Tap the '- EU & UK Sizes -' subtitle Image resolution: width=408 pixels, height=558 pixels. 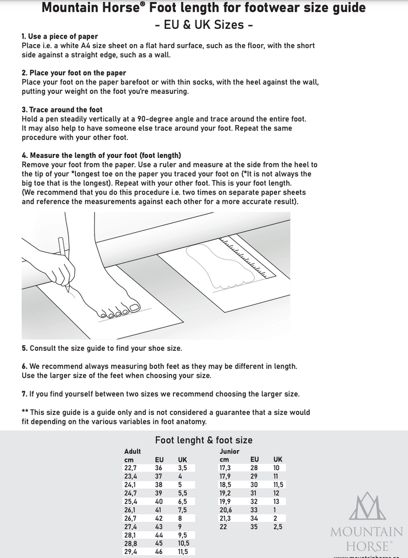204,25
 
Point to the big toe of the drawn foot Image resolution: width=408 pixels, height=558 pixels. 134,307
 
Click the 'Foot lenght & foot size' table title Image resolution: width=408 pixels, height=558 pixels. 204,440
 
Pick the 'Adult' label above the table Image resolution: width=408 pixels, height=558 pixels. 132,452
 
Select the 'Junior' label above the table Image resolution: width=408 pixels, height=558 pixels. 229,452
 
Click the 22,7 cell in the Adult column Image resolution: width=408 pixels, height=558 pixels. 130,468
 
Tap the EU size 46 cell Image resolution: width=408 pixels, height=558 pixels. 159,552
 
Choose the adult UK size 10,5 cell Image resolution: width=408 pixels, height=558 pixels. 184,543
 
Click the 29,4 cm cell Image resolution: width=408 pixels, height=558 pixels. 130,552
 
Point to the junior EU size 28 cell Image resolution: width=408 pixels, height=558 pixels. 254,468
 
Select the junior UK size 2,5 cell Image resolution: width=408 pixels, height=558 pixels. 278,527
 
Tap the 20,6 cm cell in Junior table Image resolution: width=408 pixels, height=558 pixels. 226,510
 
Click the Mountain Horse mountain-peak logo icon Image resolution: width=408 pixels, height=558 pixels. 367,507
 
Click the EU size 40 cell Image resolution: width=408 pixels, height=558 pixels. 159,501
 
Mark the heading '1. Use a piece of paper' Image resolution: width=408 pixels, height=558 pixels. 59,37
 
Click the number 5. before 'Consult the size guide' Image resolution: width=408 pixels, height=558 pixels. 24,349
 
